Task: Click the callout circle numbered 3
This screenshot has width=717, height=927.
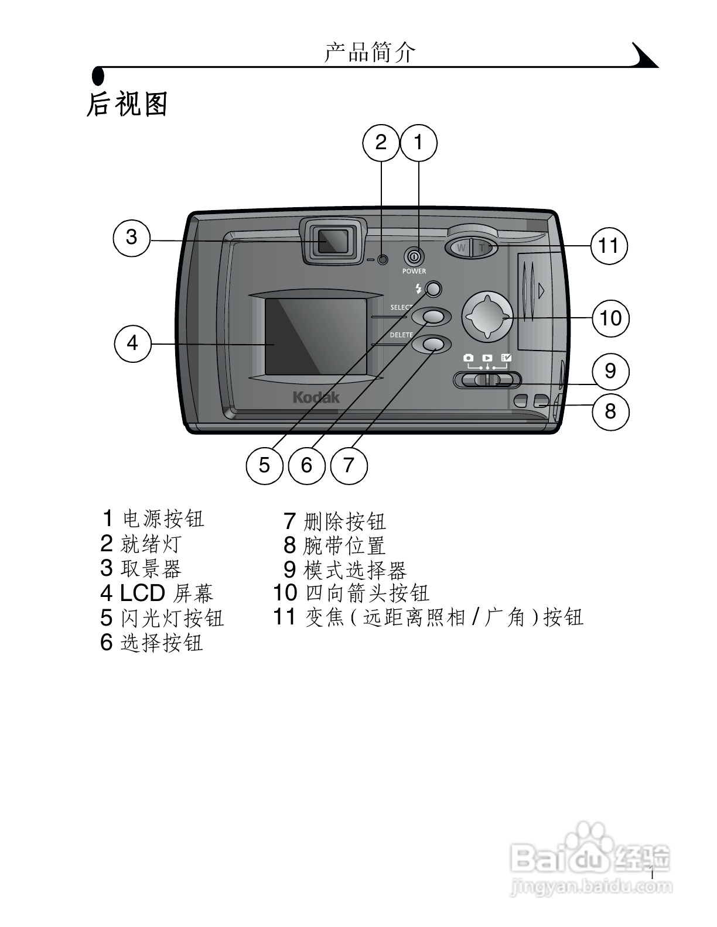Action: [x=131, y=237]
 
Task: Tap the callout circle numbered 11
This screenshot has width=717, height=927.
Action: [x=609, y=245]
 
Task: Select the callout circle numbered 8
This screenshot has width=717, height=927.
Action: [x=610, y=411]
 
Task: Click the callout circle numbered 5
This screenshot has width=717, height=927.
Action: [x=264, y=465]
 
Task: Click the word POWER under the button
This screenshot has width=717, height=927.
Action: [x=414, y=272]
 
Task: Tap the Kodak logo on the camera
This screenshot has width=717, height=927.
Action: [x=316, y=398]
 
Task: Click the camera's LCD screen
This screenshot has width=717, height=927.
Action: [x=316, y=337]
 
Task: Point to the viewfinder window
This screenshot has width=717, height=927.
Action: [x=333, y=241]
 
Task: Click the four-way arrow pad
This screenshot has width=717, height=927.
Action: [x=487, y=316]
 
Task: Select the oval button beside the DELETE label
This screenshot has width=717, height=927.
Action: [x=432, y=344]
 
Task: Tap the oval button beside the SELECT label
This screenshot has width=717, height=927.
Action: [x=432, y=316]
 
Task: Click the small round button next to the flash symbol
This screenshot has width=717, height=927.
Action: [x=433, y=289]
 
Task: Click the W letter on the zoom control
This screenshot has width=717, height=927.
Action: [x=461, y=248]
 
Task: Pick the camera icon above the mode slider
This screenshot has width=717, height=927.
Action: [x=468, y=358]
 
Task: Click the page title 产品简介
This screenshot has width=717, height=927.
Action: [x=370, y=53]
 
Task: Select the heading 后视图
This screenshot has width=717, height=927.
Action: [x=127, y=104]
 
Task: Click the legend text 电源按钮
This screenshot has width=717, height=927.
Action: [x=163, y=519]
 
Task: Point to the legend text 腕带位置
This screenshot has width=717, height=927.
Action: [x=344, y=545]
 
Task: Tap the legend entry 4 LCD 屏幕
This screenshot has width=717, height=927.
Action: [x=156, y=593]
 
